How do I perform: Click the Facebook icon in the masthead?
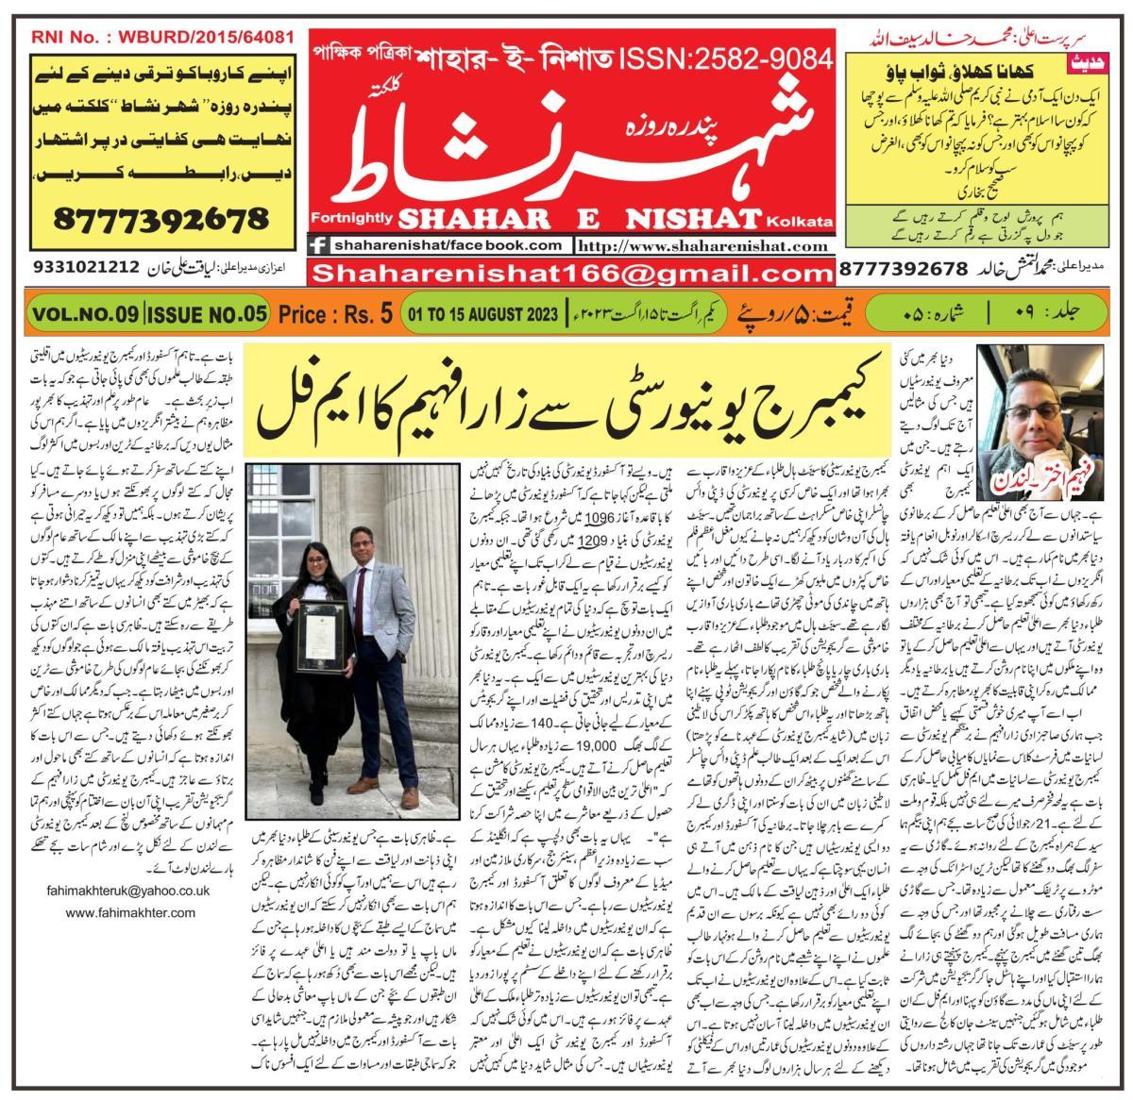pyautogui.click(x=319, y=245)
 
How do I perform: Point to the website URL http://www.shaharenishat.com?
pyautogui.click(x=704, y=246)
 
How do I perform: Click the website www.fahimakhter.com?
pyautogui.click(x=131, y=912)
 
